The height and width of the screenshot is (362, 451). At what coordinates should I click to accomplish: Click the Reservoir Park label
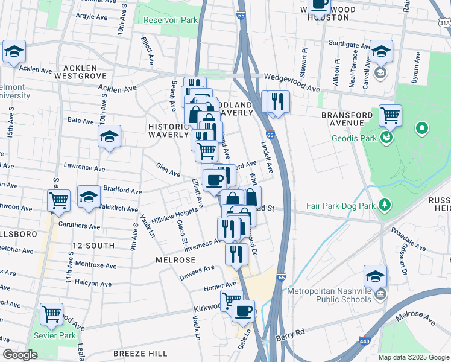point(171,20)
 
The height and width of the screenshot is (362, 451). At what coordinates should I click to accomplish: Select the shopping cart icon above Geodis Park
point(391,114)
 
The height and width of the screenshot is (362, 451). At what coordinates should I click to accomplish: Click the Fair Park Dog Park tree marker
point(383,205)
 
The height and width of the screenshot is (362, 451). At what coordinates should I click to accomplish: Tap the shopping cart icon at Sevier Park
point(52,314)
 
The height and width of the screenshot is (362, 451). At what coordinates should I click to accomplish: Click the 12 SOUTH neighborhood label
point(93,246)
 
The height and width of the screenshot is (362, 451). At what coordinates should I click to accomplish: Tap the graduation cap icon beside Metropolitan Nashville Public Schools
point(375,276)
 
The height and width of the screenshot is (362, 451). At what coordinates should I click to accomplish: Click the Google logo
point(20,355)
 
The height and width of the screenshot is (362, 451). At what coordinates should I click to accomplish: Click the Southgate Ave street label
point(348,43)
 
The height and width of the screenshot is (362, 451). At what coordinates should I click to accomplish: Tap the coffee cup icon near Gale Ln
point(243,311)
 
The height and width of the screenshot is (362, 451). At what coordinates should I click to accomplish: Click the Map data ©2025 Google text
point(413,357)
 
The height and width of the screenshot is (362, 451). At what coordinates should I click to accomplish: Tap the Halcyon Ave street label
point(93,282)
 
